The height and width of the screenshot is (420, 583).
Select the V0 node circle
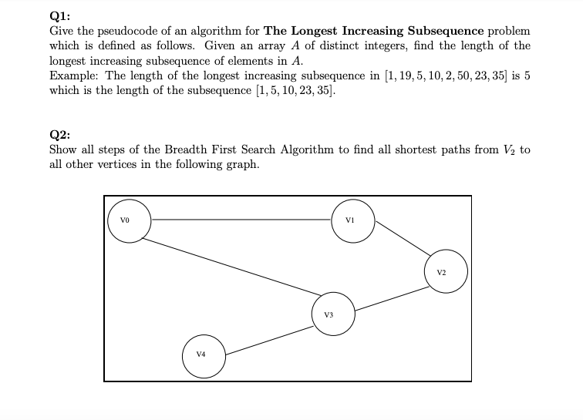[x=129, y=220]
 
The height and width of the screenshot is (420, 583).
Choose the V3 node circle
[x=332, y=313]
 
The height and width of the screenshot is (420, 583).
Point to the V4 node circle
[x=202, y=354]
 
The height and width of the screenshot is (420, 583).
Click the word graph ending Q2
[x=241, y=164]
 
